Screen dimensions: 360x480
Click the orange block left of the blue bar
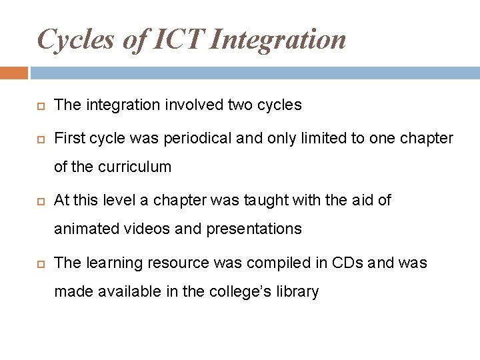tap(13, 72)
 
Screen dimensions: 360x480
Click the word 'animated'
tap(85, 229)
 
